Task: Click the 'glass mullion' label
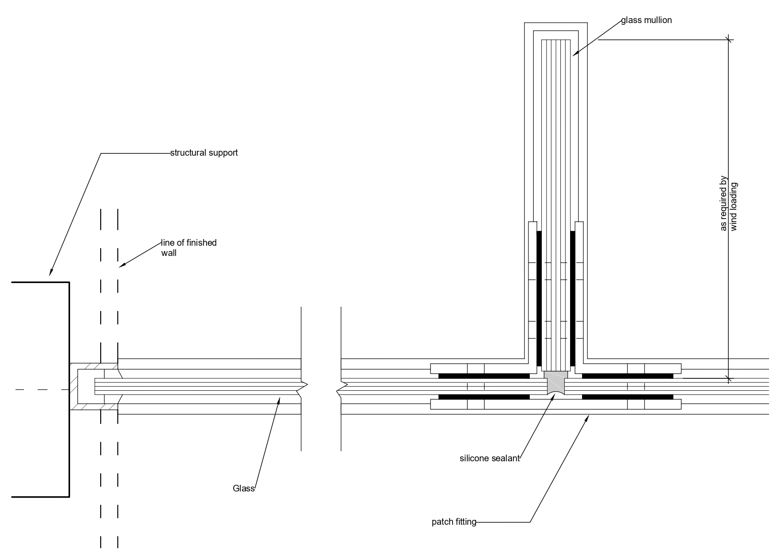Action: tap(646, 20)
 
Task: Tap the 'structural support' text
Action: tap(204, 153)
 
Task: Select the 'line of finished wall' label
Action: tap(188, 247)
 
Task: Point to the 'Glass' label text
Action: tap(243, 489)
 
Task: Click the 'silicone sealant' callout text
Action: tap(489, 459)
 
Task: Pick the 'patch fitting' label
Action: tap(454, 522)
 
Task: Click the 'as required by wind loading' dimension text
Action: tap(728, 204)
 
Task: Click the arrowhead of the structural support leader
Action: tap(50, 273)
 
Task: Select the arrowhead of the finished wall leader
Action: tap(121, 267)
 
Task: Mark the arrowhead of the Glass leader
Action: tap(279, 399)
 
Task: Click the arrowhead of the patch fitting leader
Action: tap(588, 416)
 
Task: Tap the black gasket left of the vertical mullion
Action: tap(539, 297)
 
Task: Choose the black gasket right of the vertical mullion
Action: tap(572, 297)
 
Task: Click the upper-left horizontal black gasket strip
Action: tap(484, 376)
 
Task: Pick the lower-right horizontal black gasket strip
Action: tap(627, 397)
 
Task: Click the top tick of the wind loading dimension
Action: tap(728, 40)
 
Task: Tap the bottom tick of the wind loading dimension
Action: tap(728, 378)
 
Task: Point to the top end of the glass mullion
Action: tap(556, 40)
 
